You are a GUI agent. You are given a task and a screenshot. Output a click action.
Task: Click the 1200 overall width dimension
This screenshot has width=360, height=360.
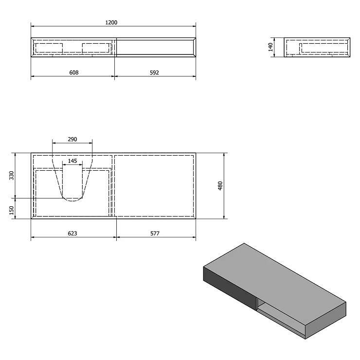(111, 22)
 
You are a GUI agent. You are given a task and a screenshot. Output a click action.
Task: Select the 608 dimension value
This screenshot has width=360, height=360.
(74, 72)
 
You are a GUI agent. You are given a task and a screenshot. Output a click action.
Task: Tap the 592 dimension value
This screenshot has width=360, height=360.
(154, 72)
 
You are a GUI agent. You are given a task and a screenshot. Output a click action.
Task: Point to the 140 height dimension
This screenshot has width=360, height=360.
(270, 47)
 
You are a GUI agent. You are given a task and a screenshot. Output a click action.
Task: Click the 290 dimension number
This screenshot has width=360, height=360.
(72, 139)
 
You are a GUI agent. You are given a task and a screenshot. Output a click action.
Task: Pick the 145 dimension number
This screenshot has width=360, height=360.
(72, 161)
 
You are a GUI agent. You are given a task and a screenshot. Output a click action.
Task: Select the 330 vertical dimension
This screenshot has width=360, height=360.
(12, 176)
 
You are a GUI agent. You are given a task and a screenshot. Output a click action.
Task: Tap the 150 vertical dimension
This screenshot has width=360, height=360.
(12, 210)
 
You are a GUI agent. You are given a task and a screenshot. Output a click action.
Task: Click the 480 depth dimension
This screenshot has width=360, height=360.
(220, 186)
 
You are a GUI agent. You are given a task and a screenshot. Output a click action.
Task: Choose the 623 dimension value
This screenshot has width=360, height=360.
(72, 234)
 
